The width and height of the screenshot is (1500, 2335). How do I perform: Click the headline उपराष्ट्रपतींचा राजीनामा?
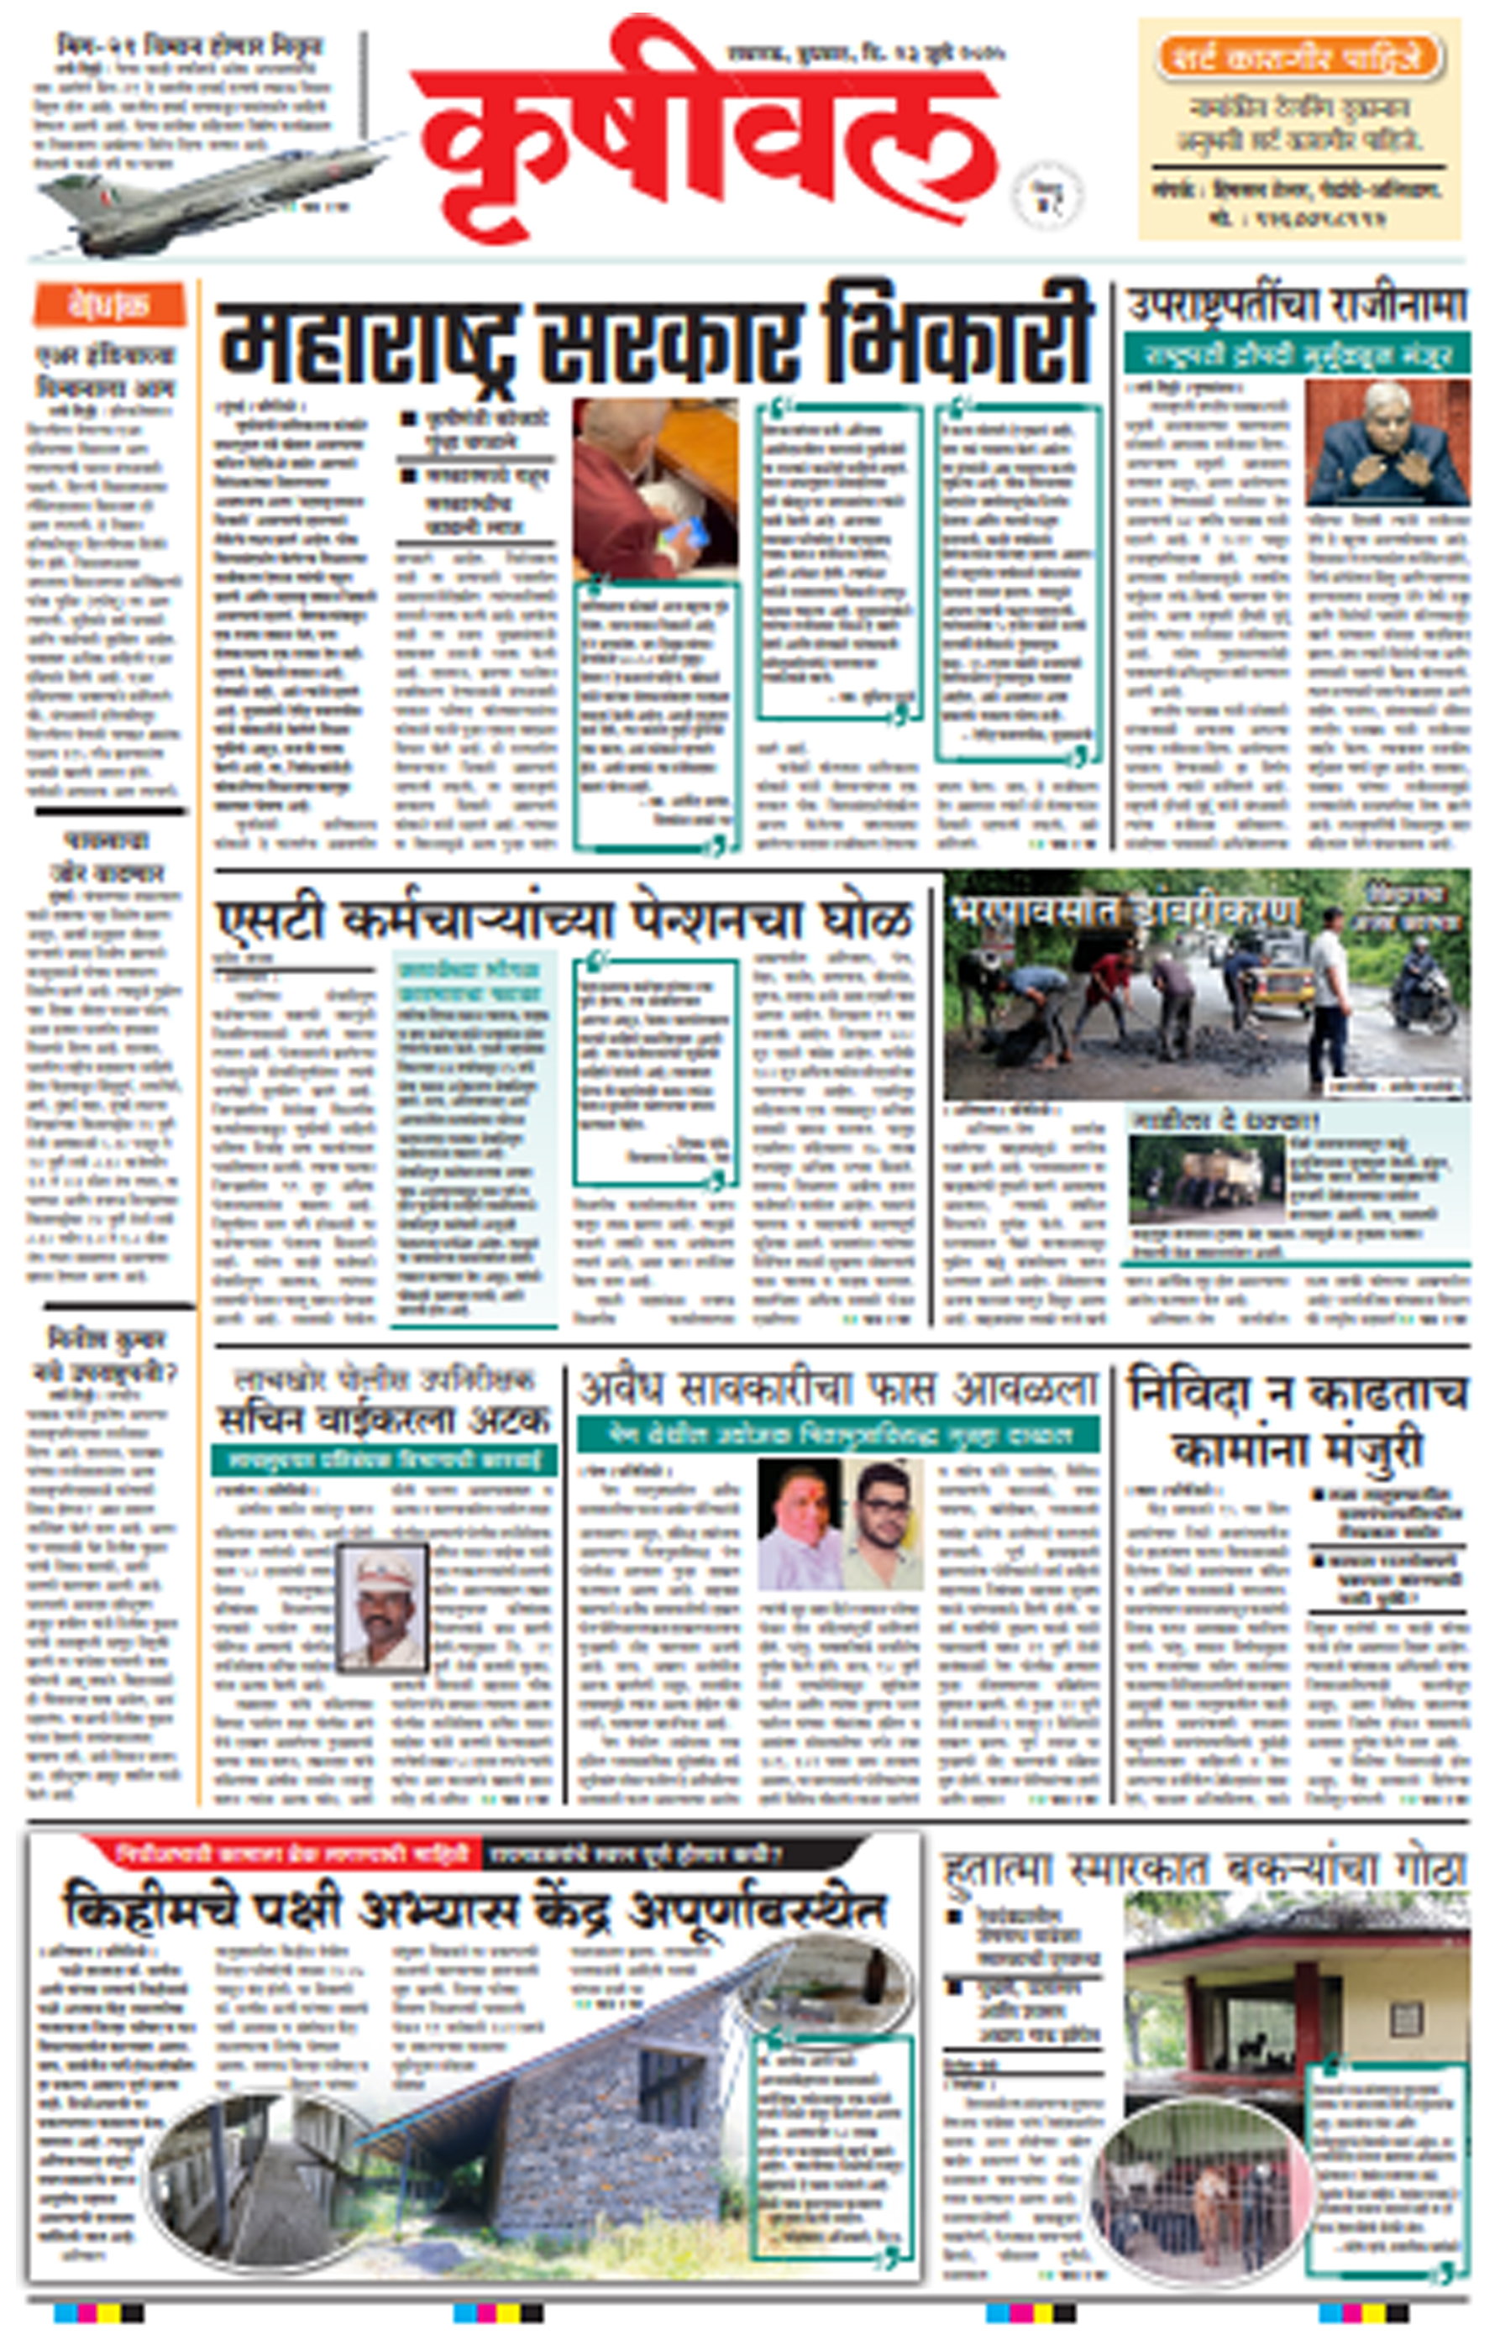pos(1295,305)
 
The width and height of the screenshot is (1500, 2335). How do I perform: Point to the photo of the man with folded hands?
pos(1386,443)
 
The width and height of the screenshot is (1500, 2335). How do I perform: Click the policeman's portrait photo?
pos(382,1609)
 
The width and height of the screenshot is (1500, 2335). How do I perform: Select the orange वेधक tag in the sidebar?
pos(109,304)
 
